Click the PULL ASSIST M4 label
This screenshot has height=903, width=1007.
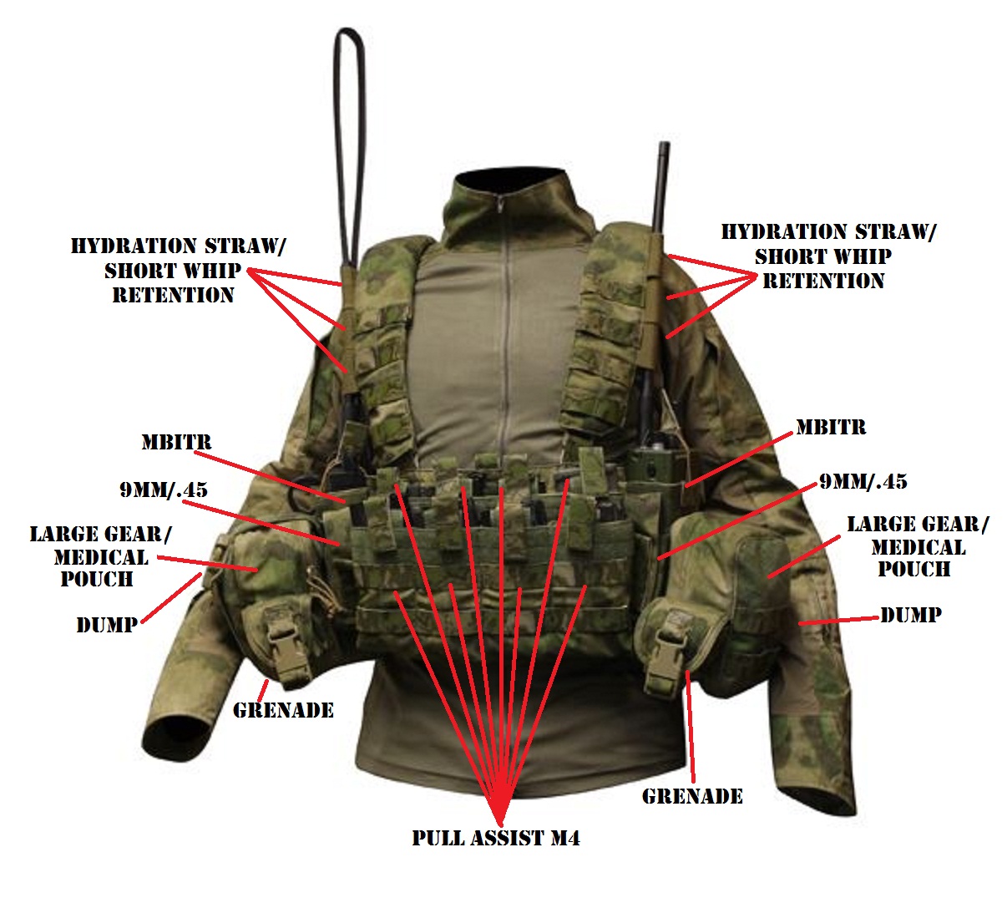pyautogui.click(x=496, y=838)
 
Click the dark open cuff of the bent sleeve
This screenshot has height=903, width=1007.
pyautogui.click(x=172, y=735)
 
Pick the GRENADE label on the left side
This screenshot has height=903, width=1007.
pyautogui.click(x=283, y=711)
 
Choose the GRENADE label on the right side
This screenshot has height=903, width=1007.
pyautogui.click(x=692, y=796)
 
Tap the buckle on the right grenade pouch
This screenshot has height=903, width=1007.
pyautogui.click(x=667, y=652)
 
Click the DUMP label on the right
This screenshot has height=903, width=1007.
pyautogui.click(x=911, y=616)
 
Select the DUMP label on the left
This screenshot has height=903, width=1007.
pyautogui.click(x=107, y=625)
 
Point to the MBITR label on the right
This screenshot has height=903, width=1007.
pyautogui.click(x=831, y=428)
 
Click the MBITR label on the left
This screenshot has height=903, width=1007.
pyautogui.click(x=176, y=442)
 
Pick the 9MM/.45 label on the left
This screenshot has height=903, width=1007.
pyautogui.click(x=164, y=490)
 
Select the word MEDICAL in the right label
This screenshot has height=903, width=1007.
pyautogui.click(x=918, y=548)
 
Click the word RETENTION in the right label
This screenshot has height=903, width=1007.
pyautogui.click(x=823, y=281)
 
